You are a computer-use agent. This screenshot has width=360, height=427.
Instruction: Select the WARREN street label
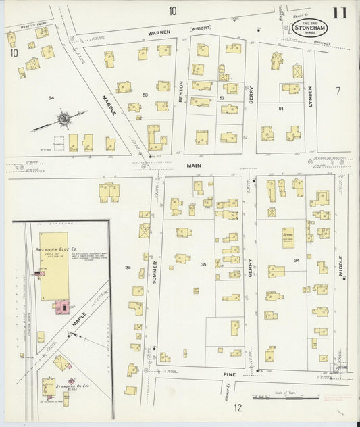tap(159, 32)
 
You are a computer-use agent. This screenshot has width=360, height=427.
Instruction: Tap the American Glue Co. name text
tap(51, 250)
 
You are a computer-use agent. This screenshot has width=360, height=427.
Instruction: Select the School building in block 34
tap(287, 237)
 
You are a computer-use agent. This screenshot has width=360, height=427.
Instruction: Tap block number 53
tap(145, 95)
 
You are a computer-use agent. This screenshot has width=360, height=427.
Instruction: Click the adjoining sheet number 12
tap(238, 407)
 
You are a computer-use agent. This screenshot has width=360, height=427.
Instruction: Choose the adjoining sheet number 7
tap(338, 90)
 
